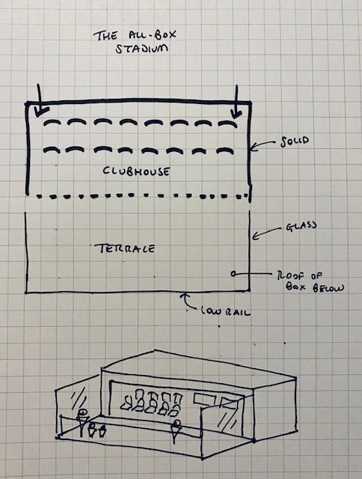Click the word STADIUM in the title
coord(141,49)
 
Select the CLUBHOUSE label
coord(136,171)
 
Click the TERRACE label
coord(125,248)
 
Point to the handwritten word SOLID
coord(295,141)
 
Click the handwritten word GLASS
coord(301,226)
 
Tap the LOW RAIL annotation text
coord(226,311)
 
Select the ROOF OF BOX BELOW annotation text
coord(310,281)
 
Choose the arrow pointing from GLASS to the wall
coord(266,232)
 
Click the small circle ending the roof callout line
coord(233,274)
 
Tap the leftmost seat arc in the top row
coord(52,123)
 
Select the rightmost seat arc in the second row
coord(225,150)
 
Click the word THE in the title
coord(105,36)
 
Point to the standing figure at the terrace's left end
coord(82,423)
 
